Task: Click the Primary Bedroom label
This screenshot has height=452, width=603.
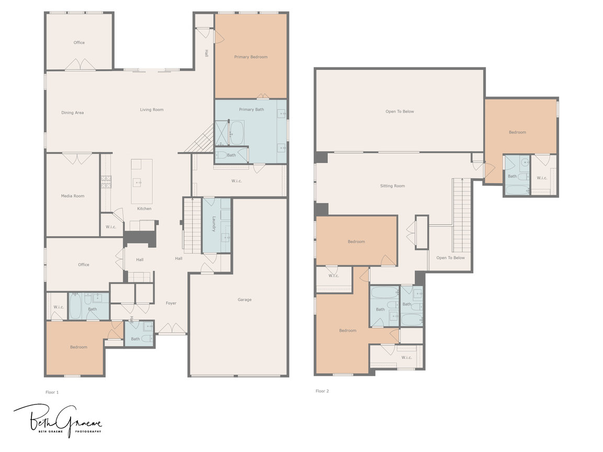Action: pyautogui.click(x=251, y=57)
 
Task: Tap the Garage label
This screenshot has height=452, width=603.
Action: pyautogui.click(x=245, y=300)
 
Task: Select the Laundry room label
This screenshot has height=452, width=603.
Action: pyautogui.click(x=214, y=224)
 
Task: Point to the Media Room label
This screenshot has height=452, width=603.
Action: pyautogui.click(x=73, y=196)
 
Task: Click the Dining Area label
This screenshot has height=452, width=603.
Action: pyautogui.click(x=72, y=113)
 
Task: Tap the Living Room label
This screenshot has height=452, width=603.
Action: pyautogui.click(x=152, y=110)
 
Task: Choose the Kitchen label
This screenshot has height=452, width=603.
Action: pyautogui.click(x=144, y=208)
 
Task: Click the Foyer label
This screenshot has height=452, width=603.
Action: pyautogui.click(x=171, y=303)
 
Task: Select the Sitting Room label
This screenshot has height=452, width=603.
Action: pyautogui.click(x=392, y=186)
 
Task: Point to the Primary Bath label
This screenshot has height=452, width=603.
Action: pyautogui.click(x=252, y=110)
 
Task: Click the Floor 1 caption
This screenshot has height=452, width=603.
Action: pyautogui.click(x=52, y=392)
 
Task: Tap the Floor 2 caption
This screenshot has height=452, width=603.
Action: pyautogui.click(x=322, y=391)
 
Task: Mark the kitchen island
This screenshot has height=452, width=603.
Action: pyautogui.click(x=142, y=181)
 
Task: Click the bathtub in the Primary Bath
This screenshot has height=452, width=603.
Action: pyautogui.click(x=236, y=133)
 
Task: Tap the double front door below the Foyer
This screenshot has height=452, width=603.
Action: pyautogui.click(x=172, y=329)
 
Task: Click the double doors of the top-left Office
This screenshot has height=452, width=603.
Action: pyautogui.click(x=80, y=65)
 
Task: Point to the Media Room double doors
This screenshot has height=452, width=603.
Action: pyautogui.click(x=77, y=158)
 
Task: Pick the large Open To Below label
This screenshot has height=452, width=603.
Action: pyautogui.click(x=400, y=111)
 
